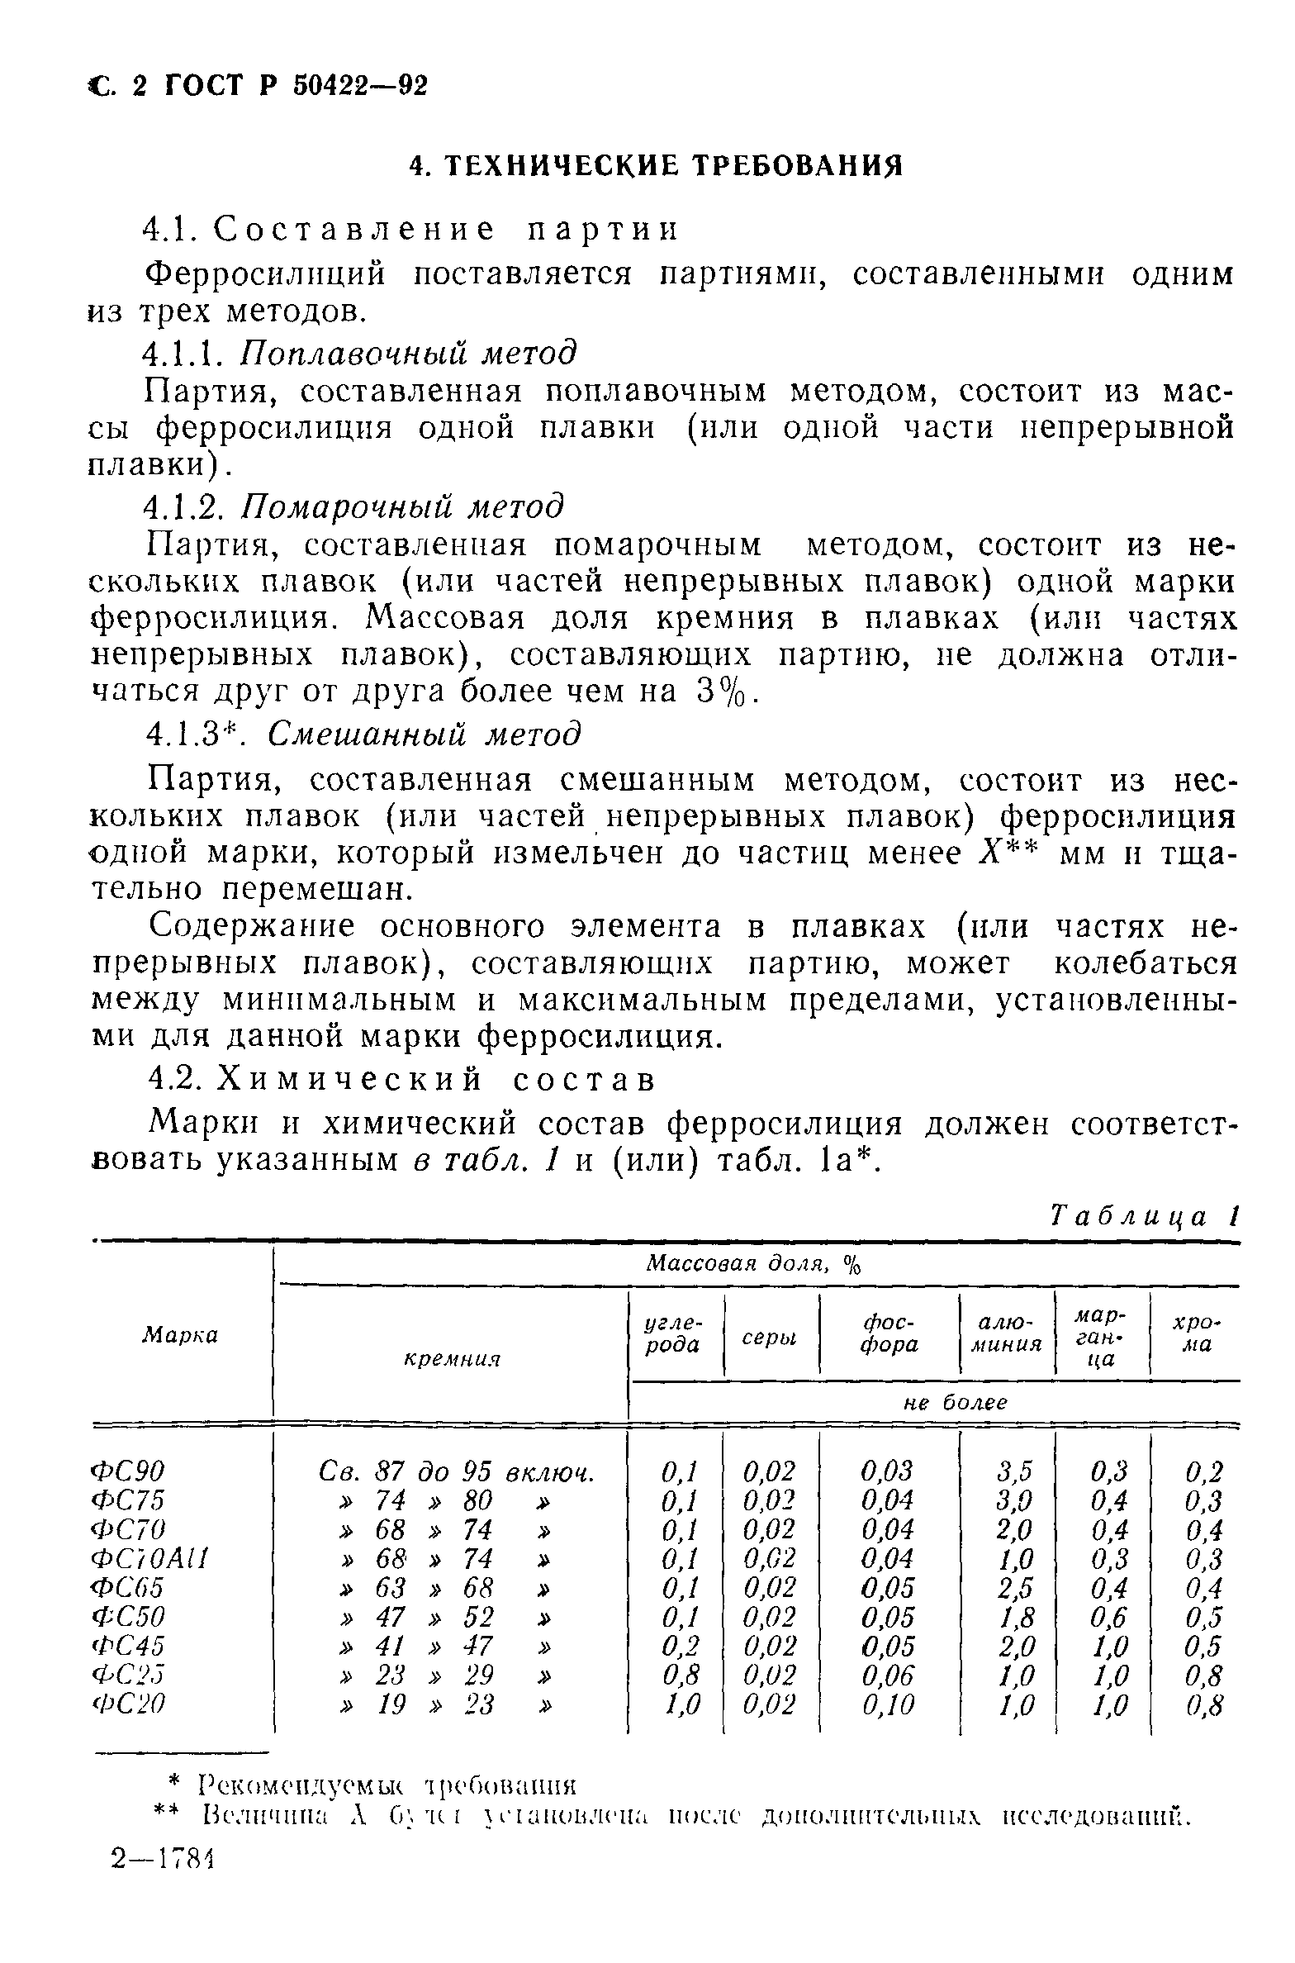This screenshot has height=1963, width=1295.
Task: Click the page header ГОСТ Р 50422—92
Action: [x=297, y=85]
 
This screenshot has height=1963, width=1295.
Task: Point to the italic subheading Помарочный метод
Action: [x=402, y=506]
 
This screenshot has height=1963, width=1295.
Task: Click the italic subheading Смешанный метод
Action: [x=425, y=733]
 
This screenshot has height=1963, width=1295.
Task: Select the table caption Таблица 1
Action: [x=1145, y=1216]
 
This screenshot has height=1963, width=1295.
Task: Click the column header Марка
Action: [x=180, y=1334]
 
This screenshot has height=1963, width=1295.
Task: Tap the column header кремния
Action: [x=453, y=1359]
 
